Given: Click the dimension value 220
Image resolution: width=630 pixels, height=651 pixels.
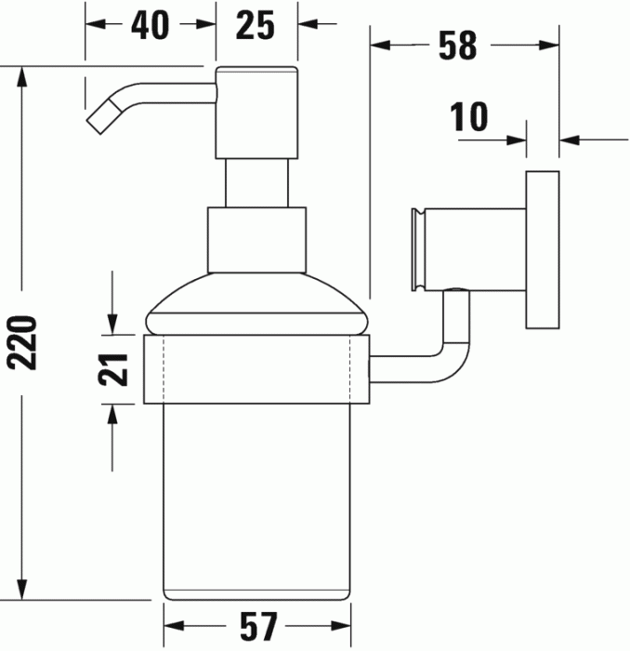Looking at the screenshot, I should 26,342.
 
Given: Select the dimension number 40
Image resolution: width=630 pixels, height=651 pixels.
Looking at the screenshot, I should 150,25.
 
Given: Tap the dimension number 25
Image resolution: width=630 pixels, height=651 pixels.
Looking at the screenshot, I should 256,25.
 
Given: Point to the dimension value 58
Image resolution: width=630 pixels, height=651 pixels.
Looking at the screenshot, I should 457,45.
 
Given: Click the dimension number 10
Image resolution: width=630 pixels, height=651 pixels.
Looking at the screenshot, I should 470,118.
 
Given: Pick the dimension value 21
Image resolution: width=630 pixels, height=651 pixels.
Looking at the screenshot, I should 113,369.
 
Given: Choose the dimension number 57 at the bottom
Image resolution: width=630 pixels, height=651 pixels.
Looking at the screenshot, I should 257,625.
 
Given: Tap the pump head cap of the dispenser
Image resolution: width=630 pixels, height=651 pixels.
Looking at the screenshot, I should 256,112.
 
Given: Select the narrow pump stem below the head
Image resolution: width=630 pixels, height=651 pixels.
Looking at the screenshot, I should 256,182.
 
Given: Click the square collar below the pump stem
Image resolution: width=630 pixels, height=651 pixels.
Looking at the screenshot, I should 256,239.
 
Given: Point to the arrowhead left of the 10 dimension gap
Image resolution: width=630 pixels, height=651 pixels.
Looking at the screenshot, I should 517,141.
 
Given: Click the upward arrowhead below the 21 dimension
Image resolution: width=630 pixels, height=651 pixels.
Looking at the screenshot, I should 113,414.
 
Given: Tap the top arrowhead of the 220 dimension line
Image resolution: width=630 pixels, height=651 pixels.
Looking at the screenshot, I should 26,75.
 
